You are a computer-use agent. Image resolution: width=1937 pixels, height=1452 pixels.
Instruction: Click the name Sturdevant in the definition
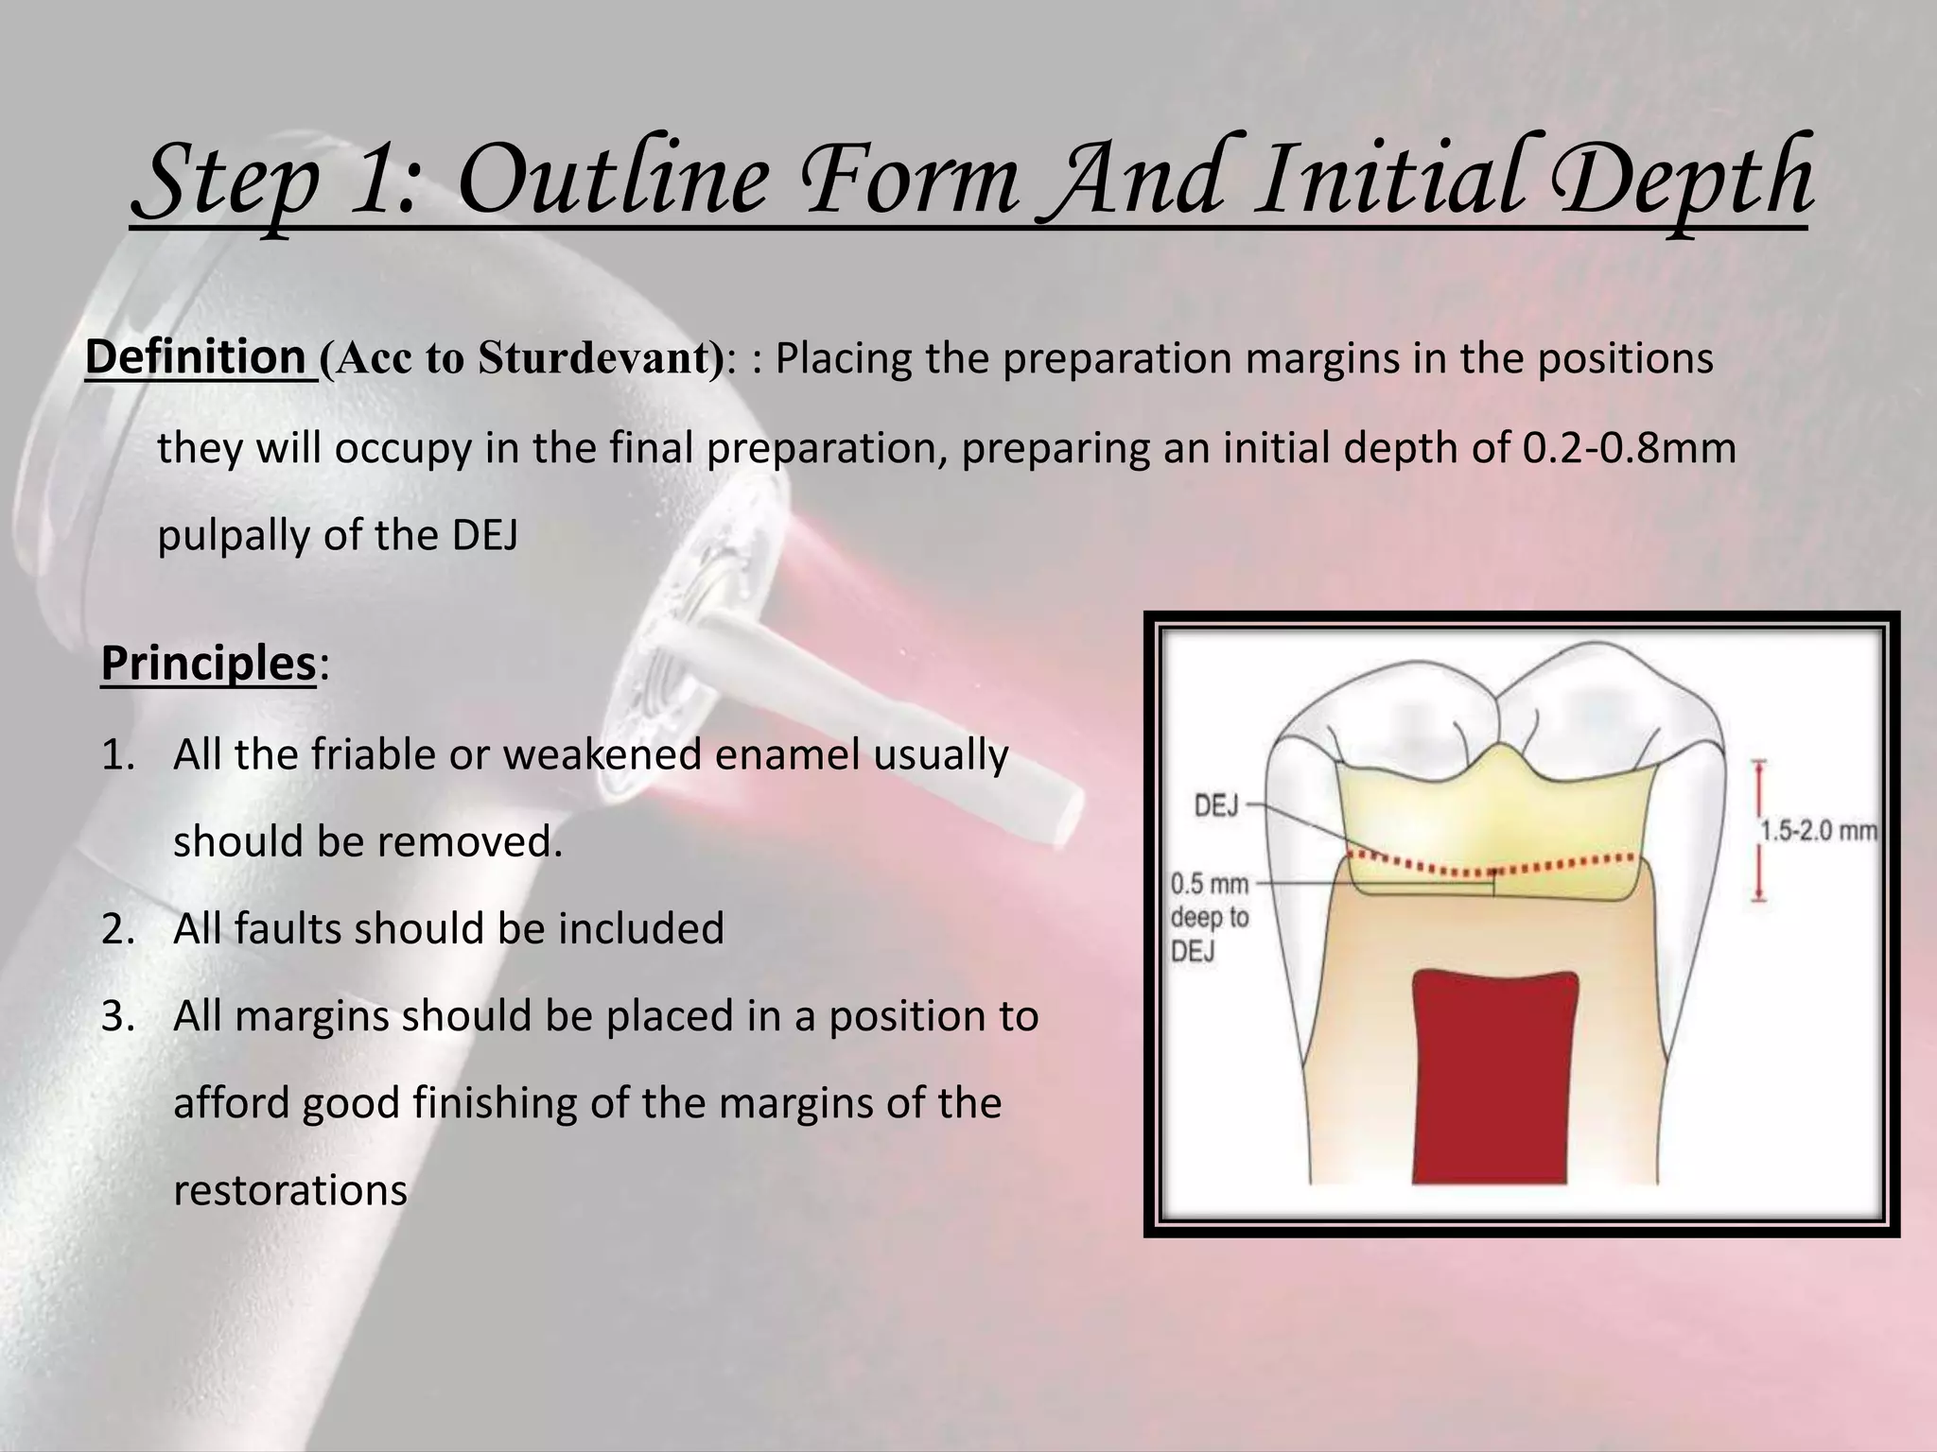click(593, 359)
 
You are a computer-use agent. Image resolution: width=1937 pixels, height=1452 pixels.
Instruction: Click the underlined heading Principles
click(207, 664)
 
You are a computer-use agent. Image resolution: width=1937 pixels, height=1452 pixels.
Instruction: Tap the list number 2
click(119, 929)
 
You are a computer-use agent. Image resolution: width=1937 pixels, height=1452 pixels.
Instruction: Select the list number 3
click(119, 1017)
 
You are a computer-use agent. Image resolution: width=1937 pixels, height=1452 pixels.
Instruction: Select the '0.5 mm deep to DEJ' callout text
click(1210, 917)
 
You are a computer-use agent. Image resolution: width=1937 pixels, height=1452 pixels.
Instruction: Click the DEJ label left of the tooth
click(1216, 807)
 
